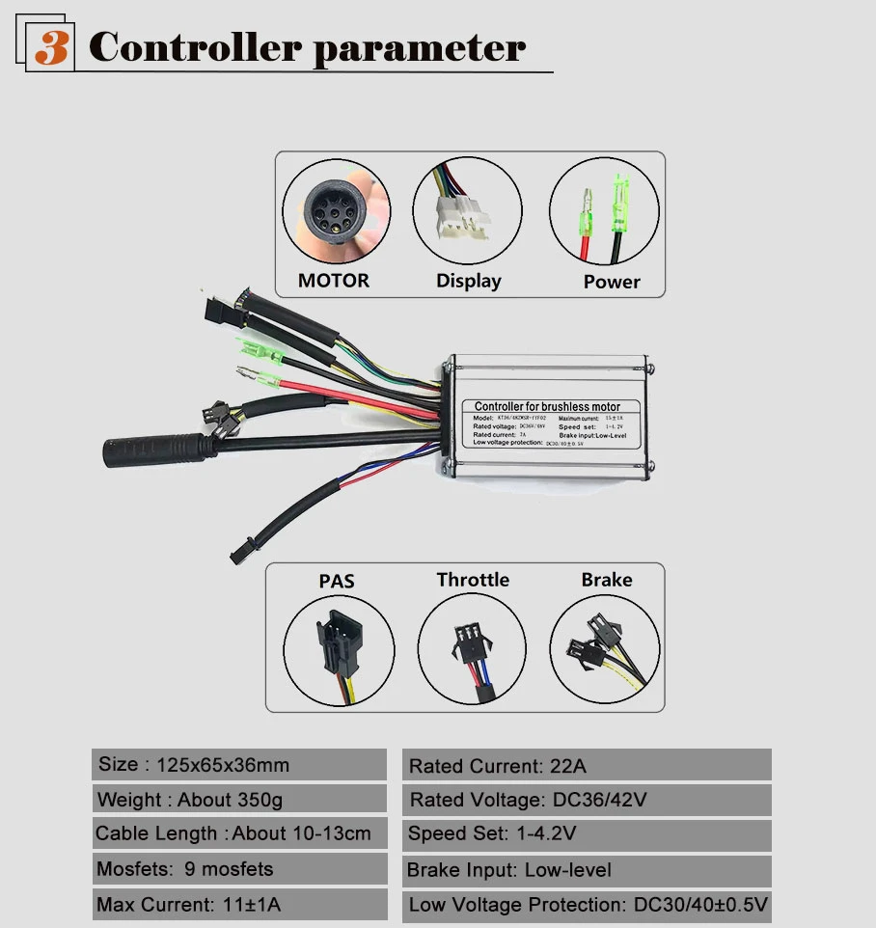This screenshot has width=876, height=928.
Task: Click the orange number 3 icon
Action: coord(51,47)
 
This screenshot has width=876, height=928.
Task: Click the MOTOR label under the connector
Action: coord(333,281)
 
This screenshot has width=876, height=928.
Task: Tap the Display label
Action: coord(468,281)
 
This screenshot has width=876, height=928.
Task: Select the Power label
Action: coord(612,282)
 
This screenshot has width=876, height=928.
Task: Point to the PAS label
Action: coord(337,581)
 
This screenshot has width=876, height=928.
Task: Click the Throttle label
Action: coord(473,580)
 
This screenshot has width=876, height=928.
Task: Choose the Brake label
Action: coord(606,580)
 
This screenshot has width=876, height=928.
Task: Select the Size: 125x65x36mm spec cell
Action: coord(239,765)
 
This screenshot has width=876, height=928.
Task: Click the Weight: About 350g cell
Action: coord(239,800)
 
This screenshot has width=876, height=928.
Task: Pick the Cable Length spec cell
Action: coord(239,833)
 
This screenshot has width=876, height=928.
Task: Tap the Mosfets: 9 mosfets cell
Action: coord(239,869)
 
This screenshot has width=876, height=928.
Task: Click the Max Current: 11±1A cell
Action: coord(239,905)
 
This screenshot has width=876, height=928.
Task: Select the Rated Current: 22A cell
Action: coord(587,766)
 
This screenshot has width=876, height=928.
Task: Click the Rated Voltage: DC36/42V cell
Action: coord(587,800)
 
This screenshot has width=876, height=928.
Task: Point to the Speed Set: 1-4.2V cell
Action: coord(587,834)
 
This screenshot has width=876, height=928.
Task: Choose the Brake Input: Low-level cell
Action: coord(587,870)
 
